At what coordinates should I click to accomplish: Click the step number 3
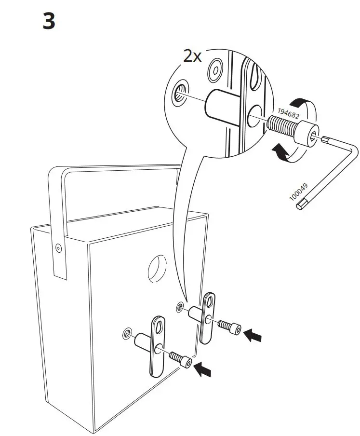click(49, 22)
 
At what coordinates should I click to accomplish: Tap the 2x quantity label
click(192, 57)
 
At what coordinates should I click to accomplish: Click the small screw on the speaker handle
click(59, 248)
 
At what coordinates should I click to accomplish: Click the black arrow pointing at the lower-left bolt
click(203, 369)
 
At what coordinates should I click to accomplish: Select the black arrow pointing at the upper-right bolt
click(253, 335)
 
